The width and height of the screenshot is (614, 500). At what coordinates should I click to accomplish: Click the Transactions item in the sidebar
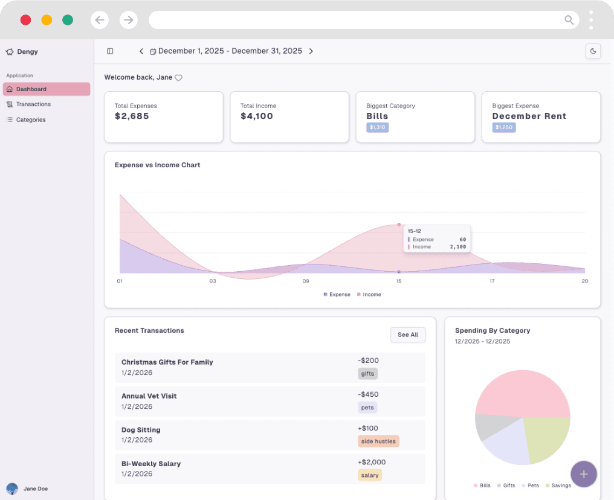point(33,104)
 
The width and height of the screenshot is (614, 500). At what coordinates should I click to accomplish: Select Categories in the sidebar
point(30,120)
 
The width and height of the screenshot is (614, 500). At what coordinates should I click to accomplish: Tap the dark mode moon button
point(593,51)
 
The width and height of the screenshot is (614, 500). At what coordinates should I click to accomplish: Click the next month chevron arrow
point(311,51)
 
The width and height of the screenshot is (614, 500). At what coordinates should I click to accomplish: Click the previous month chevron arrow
point(141,51)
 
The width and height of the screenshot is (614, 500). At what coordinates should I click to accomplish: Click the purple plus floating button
point(583,474)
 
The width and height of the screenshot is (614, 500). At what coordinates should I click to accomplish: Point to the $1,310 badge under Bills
point(377,127)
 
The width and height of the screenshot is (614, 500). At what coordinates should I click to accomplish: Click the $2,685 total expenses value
point(132,116)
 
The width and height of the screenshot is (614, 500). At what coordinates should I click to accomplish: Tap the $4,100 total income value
point(257,116)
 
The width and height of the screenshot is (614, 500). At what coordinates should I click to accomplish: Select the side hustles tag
point(378,441)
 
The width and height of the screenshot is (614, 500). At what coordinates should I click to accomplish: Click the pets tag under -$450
point(367,408)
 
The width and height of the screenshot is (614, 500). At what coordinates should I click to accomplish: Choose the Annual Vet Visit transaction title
point(149,396)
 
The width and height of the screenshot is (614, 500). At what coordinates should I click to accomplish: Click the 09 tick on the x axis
point(306,281)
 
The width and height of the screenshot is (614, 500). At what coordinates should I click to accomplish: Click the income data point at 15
point(399,225)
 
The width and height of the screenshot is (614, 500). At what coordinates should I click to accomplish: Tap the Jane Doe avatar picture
point(12,489)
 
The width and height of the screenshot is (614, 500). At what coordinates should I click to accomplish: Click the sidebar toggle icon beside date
point(110,51)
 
